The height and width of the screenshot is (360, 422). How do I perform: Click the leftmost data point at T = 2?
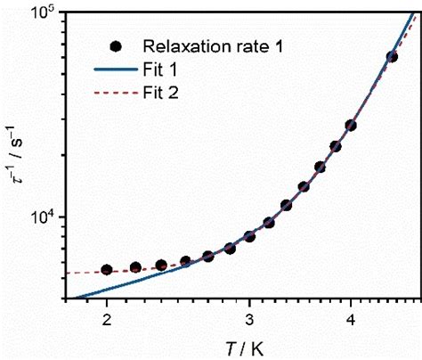pyautogui.click(x=107, y=269)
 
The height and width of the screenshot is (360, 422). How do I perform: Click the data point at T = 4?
pyautogui.click(x=351, y=125)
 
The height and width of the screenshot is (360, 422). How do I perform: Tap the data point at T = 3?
pyautogui.click(x=249, y=236)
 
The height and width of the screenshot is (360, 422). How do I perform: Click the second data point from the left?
pyautogui.click(x=135, y=267)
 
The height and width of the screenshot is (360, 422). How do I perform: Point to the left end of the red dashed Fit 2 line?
pyautogui.click(x=69, y=273)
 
